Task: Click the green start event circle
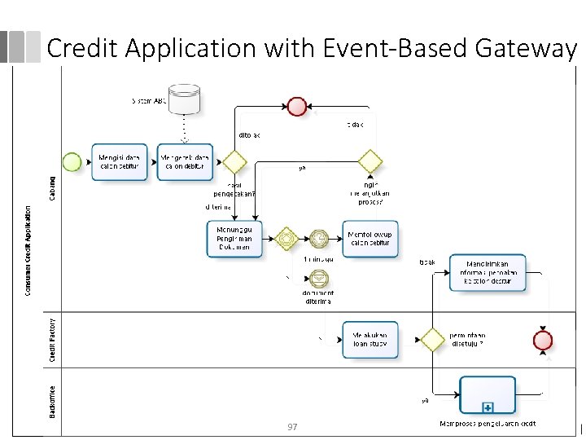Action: pos(72,161)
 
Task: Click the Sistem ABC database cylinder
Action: pos(183,99)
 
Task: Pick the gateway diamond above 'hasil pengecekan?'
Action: pos(235,161)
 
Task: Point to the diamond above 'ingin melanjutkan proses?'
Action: pos(370,161)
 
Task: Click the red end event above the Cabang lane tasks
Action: pos(297,107)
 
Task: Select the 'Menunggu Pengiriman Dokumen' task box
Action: pos(234,238)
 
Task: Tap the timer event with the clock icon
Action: pos(319,238)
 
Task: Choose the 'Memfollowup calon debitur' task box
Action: pos(370,238)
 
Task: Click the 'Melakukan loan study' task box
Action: pos(370,339)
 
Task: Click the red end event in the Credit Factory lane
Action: pos(541,340)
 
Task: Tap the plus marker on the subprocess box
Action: pos(488,407)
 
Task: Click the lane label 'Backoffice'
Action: pos(53,402)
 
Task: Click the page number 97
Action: pos(293,428)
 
